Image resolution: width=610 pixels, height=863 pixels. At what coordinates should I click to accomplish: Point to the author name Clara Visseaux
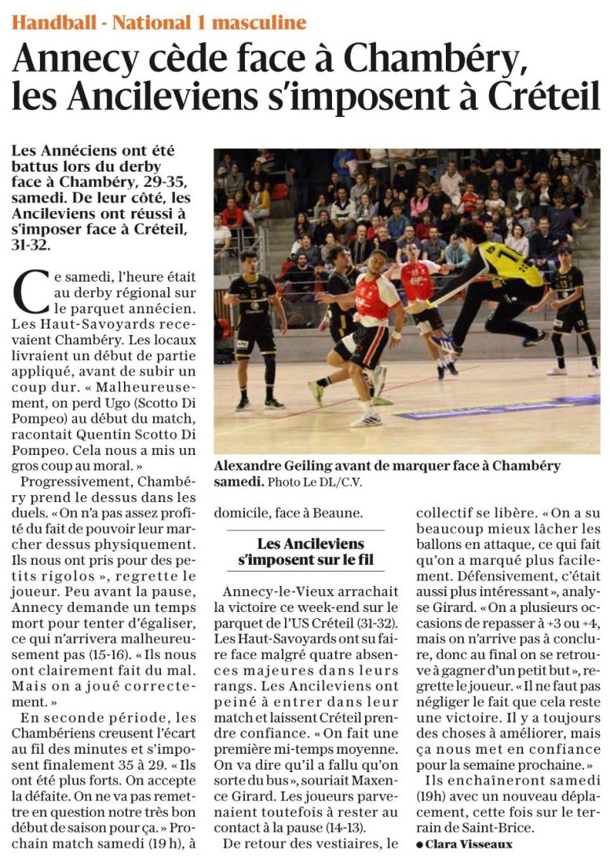pyautogui.click(x=472, y=844)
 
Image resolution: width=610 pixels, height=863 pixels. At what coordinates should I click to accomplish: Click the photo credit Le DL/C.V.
pyautogui.click(x=341, y=481)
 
